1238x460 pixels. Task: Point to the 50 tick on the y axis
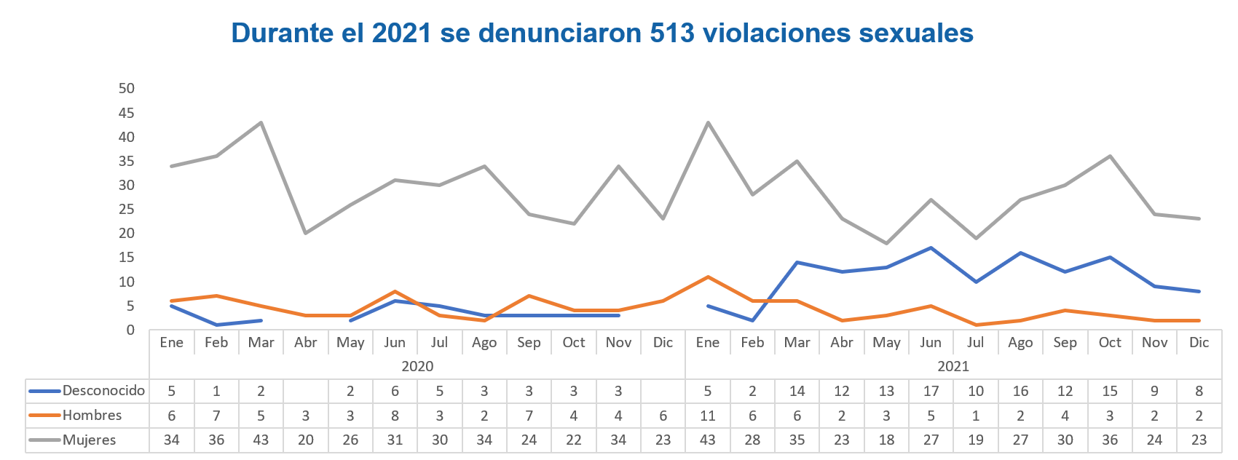pyautogui.click(x=127, y=89)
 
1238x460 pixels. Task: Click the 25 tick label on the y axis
pyautogui.click(x=127, y=210)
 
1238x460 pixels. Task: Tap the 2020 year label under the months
pyautogui.click(x=417, y=366)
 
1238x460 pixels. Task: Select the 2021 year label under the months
pyautogui.click(x=953, y=366)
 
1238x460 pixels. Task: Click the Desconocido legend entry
pyautogui.click(x=103, y=391)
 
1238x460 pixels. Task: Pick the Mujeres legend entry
pyautogui.click(x=89, y=440)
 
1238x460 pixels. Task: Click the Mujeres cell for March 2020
pyautogui.click(x=261, y=440)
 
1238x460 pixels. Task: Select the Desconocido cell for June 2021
pyautogui.click(x=931, y=391)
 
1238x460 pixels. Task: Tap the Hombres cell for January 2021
pyautogui.click(x=707, y=416)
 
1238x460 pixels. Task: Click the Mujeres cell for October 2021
pyautogui.click(x=1109, y=440)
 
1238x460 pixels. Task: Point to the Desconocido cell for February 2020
pyautogui.click(x=216, y=391)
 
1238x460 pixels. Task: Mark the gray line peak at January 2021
pyautogui.click(x=707, y=122)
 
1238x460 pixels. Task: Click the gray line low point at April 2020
pyautogui.click(x=306, y=233)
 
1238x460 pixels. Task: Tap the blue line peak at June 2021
pyautogui.click(x=931, y=248)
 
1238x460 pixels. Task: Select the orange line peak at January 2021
pyautogui.click(x=707, y=277)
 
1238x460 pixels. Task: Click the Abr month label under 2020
pyautogui.click(x=306, y=342)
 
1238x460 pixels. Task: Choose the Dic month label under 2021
pyautogui.click(x=1199, y=342)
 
